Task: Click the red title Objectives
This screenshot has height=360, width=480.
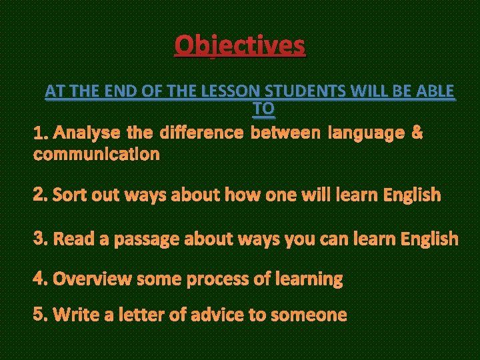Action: [240, 45]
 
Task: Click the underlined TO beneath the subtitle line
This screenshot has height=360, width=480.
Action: [264, 107]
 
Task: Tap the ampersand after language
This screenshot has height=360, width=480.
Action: [417, 133]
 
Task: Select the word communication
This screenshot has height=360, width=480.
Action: [97, 154]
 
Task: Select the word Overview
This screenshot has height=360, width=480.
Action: [92, 279]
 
